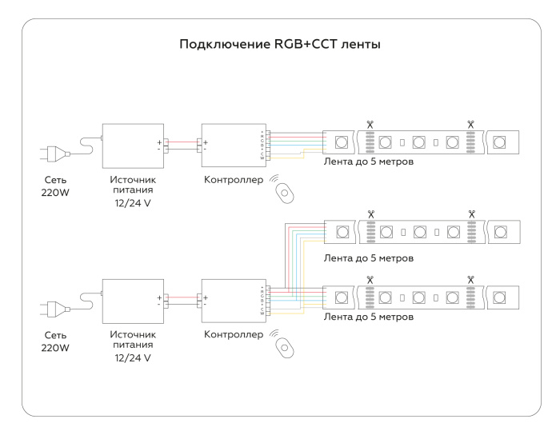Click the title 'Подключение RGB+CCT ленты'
pos(280,45)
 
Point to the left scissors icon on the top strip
pos(370,125)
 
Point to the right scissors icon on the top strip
pos(470,125)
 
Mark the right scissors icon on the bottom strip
pos(470,280)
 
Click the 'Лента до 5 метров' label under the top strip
pos(369,162)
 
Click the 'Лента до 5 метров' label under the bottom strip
pos(369,317)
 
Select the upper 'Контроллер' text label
pos(233,180)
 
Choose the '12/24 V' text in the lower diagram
pos(133,358)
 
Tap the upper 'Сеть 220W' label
pos(55,186)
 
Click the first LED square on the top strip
pos(341,142)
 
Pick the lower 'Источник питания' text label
pos(133,339)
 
